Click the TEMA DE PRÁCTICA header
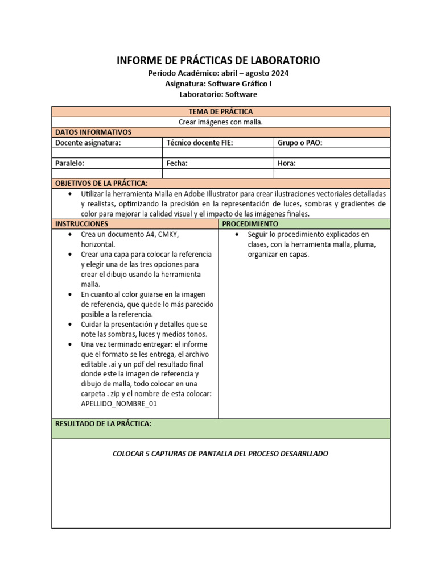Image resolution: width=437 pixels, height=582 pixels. click(x=221, y=111)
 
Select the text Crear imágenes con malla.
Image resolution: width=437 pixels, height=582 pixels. click(x=221, y=122)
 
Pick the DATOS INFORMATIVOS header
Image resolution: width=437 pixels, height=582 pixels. click(x=93, y=132)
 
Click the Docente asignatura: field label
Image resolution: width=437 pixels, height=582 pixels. click(x=88, y=143)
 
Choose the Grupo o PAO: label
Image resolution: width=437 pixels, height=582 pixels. click(x=300, y=143)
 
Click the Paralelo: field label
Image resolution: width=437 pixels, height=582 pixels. click(x=70, y=163)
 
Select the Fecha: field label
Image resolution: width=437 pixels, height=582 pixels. click(x=177, y=163)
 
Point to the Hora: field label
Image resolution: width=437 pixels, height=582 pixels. click(x=287, y=163)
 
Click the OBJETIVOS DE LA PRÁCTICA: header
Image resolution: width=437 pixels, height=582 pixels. click(x=101, y=183)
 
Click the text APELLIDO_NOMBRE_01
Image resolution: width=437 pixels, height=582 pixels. click(x=119, y=404)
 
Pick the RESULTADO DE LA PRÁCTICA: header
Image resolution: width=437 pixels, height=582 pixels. click(x=103, y=424)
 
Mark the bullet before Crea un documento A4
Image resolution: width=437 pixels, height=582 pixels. click(x=69, y=234)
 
